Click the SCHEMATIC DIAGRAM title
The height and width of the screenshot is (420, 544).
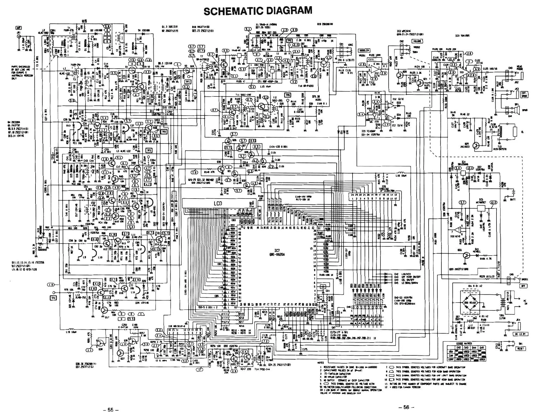(258, 11)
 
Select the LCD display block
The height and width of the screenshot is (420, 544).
(217, 203)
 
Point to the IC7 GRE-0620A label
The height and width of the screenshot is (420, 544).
(277, 253)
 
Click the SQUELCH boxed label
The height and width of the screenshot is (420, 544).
(364, 51)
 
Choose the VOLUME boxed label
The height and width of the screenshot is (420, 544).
(417, 41)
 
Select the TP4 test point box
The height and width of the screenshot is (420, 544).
(53, 298)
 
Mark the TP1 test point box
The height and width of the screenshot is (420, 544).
(188, 82)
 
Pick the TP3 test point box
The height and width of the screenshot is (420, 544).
(149, 150)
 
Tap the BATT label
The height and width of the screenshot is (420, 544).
(512, 200)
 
